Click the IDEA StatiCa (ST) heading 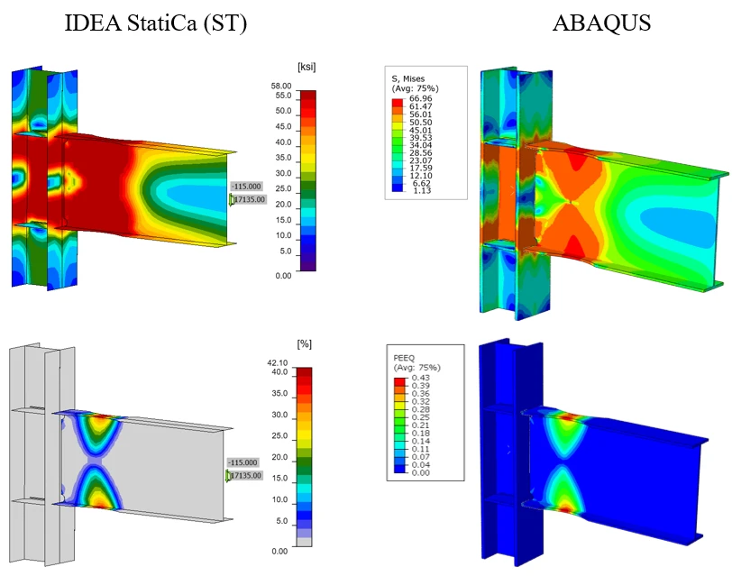tap(155, 23)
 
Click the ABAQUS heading tap(601, 23)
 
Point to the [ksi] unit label tap(307, 67)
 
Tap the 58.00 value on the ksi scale tap(280, 86)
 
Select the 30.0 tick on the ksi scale tap(283, 173)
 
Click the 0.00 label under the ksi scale tap(283, 276)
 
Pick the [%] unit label tap(304, 344)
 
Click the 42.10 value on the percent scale tap(278, 362)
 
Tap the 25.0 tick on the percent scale tap(279, 435)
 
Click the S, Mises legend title tap(408, 78)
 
